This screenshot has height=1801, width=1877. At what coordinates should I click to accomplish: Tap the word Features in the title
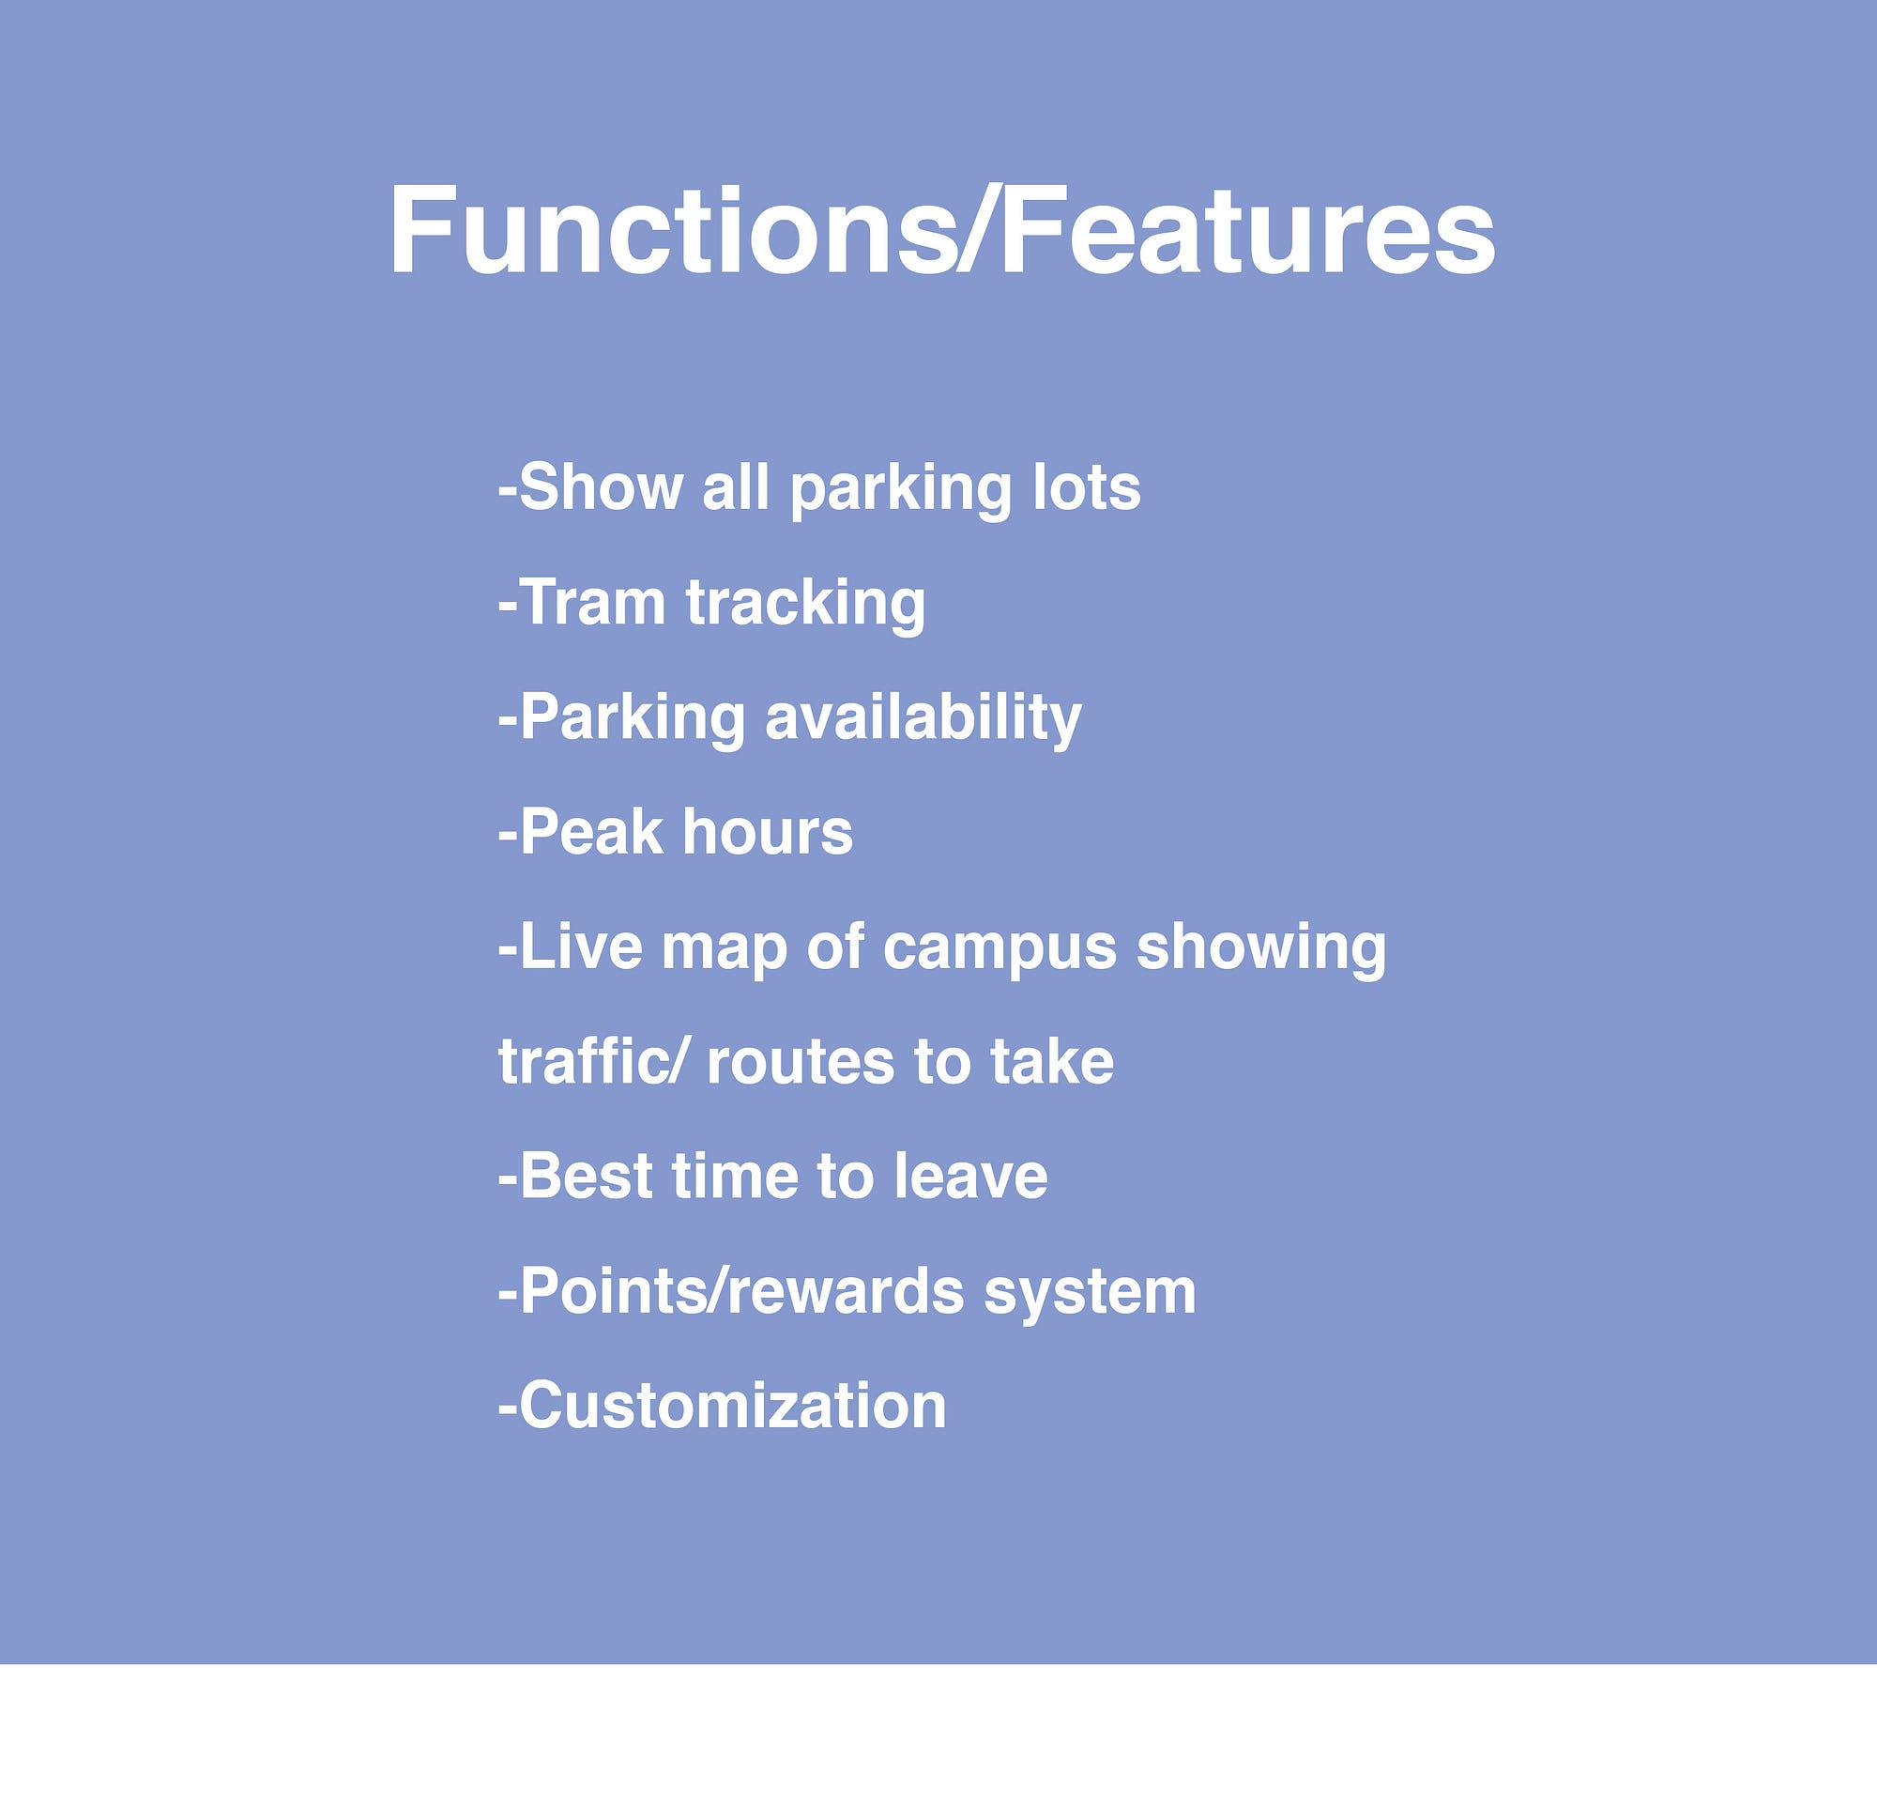(x=1247, y=231)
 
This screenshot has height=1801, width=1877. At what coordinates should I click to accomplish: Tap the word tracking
(x=806, y=605)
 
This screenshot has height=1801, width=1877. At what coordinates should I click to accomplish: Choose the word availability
(x=923, y=719)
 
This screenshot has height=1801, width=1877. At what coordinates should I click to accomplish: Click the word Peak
(x=591, y=832)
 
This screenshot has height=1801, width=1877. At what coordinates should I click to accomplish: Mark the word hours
(x=767, y=832)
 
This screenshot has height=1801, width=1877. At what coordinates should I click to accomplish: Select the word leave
(x=971, y=1177)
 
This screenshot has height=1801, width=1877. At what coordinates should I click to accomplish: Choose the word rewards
(x=846, y=1291)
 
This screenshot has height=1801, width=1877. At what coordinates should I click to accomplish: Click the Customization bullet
(x=723, y=1407)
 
